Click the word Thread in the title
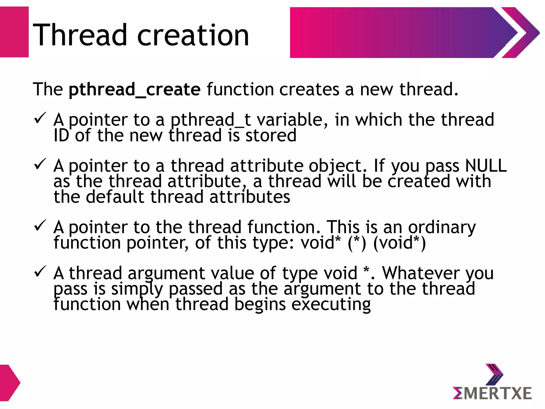click(80, 35)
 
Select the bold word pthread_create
click(134, 89)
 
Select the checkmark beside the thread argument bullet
click(40, 271)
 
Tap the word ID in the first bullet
click(61, 136)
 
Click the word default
click(115, 197)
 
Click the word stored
click(271, 136)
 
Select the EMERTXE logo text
click(492, 394)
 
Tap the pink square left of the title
click(14, 32)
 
